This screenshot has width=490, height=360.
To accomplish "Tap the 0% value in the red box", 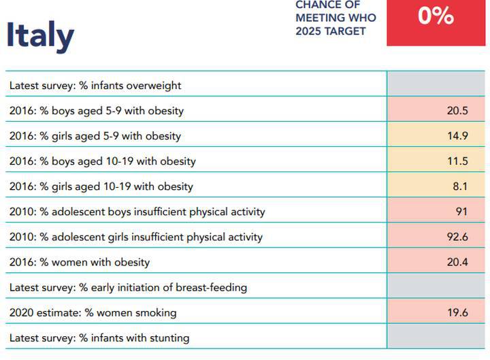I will [x=436, y=16].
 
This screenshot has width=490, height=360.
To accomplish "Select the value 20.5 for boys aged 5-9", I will [x=457, y=110].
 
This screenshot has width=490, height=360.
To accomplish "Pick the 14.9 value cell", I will [x=457, y=135].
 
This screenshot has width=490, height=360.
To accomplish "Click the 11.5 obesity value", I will [x=457, y=161].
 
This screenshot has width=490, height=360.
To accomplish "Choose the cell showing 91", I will [x=461, y=212].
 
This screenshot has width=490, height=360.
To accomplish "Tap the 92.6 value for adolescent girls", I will [x=457, y=237].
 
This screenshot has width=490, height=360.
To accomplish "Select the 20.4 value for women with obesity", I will [x=457, y=262].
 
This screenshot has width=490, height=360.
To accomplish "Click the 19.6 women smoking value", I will [x=457, y=312].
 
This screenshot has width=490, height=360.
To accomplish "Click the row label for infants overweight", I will [x=95, y=86].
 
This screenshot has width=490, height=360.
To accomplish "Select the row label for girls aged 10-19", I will [x=101, y=186].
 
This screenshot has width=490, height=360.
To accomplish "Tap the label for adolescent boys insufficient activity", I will [x=137, y=212].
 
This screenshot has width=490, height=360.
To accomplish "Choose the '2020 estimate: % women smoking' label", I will [x=93, y=312].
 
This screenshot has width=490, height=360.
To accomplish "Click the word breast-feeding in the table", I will [x=212, y=287].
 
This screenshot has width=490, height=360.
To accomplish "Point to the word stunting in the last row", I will [x=169, y=338].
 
